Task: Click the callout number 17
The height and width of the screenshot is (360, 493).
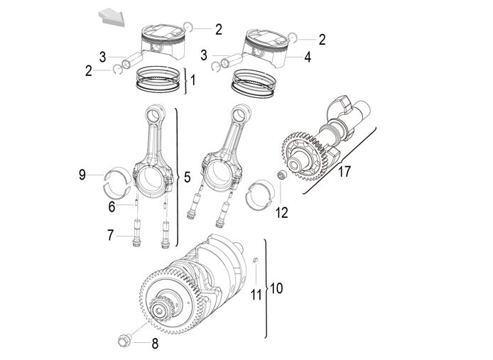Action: click(344, 172)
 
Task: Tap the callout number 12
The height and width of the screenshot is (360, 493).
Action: click(282, 212)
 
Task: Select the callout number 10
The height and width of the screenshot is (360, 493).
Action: click(276, 288)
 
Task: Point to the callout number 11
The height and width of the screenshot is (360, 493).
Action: click(256, 293)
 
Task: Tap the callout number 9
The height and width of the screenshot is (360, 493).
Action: click(82, 175)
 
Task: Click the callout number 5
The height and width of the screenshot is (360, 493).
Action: click(187, 177)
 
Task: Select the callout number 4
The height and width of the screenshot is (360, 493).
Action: click(308, 58)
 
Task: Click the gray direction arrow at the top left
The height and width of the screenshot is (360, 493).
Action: click(110, 14)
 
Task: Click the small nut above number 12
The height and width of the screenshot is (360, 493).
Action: click(280, 175)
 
